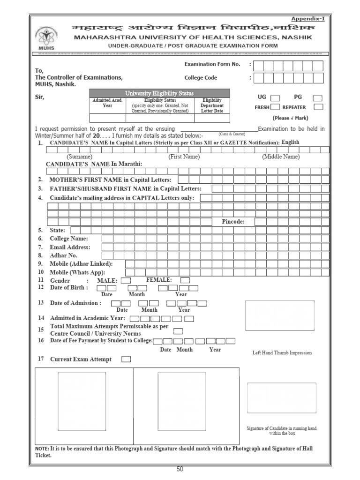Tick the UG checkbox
point(275,98)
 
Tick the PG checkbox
point(318,98)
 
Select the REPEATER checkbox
point(318,107)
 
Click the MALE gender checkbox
point(126,280)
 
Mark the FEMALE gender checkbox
point(185,280)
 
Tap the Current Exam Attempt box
point(126,360)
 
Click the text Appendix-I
point(308,19)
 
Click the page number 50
point(180,470)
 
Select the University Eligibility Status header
point(159,93)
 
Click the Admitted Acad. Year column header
point(107,103)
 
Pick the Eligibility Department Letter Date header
point(212,105)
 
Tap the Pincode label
point(233,222)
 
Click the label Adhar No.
point(63,255)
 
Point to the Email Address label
point(70,247)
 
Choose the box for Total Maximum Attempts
point(178,331)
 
